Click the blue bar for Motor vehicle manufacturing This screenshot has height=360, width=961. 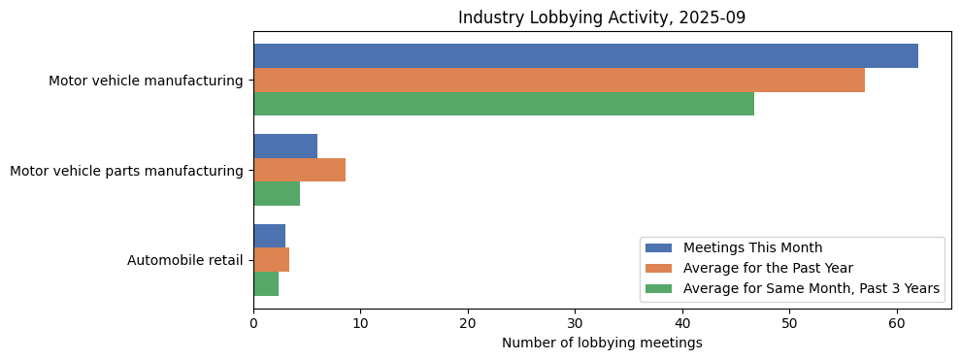[x=585, y=56]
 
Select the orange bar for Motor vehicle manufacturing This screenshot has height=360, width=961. [x=559, y=81]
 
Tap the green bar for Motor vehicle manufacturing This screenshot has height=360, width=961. [x=504, y=104]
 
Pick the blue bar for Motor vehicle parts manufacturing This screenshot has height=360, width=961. [x=285, y=146]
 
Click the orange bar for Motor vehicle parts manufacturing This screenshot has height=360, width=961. [x=299, y=170]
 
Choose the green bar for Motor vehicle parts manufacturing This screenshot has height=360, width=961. [x=277, y=193]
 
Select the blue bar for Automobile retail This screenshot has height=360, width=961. [x=269, y=236]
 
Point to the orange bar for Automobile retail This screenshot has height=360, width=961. [x=271, y=259]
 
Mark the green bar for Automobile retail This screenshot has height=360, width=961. [x=266, y=283]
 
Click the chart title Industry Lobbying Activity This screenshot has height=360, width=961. [x=602, y=17]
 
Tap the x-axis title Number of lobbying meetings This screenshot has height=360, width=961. [x=602, y=343]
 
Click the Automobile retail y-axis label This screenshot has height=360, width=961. [x=184, y=260]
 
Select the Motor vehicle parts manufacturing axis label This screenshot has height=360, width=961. [x=126, y=171]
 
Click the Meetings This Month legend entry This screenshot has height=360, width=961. [x=752, y=247]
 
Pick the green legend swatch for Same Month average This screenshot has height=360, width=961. [x=658, y=288]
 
